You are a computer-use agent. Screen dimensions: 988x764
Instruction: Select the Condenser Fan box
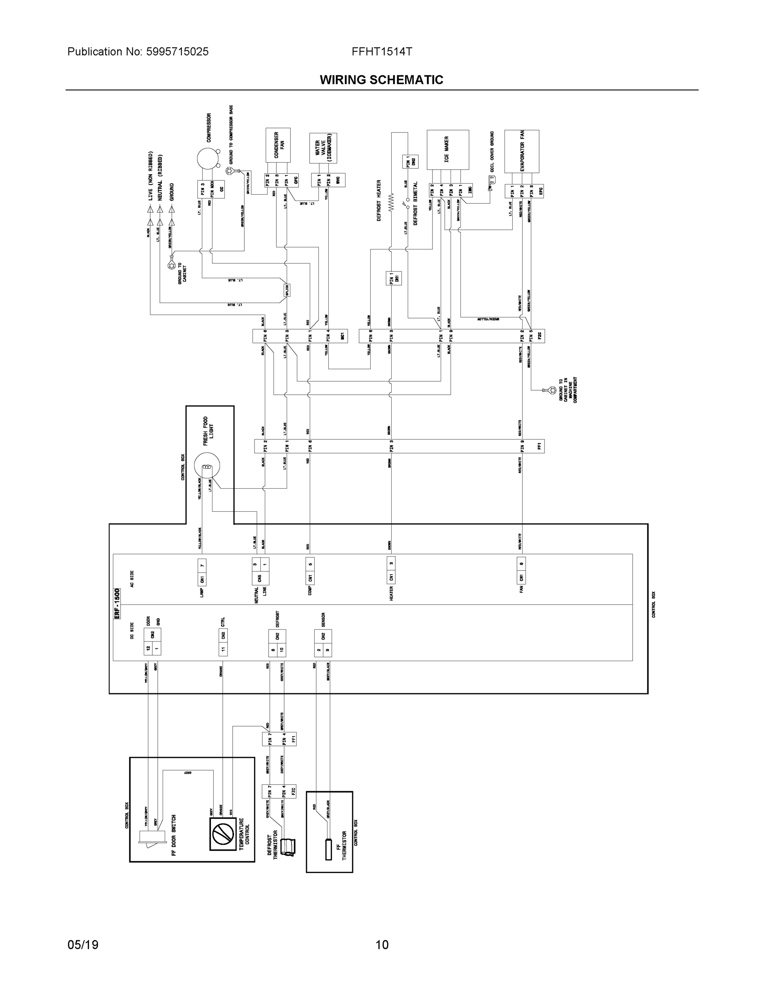(278, 145)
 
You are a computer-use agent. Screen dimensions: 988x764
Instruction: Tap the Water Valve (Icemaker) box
(323, 148)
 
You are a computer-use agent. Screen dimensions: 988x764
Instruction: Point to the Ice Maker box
(448, 150)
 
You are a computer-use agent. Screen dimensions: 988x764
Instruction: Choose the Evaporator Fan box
(521, 151)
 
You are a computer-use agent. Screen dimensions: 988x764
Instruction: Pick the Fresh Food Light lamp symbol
(207, 467)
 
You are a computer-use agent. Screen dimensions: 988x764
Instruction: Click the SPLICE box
(287, 290)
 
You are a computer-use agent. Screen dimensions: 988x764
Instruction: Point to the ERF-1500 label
(117, 604)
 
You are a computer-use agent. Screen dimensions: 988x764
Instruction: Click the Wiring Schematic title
(381, 80)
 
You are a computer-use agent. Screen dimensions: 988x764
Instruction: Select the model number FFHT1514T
(381, 51)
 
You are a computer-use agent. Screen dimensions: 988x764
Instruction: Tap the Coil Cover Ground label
(492, 151)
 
